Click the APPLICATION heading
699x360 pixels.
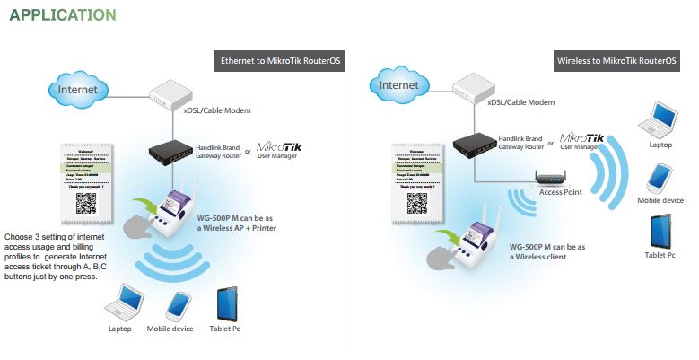coord(62,15)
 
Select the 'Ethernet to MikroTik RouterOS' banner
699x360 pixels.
coord(279,61)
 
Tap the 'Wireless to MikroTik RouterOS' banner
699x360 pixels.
coord(616,61)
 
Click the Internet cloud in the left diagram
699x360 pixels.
coord(77,91)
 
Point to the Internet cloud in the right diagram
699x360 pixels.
coord(398,85)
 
